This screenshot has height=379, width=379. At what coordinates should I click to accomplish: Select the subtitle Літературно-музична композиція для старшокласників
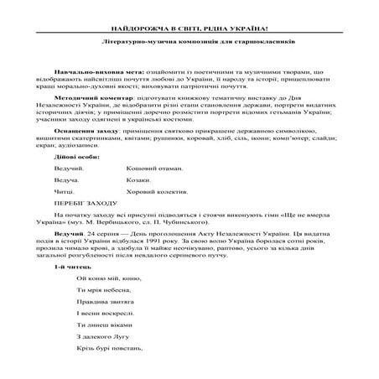[189, 41]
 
